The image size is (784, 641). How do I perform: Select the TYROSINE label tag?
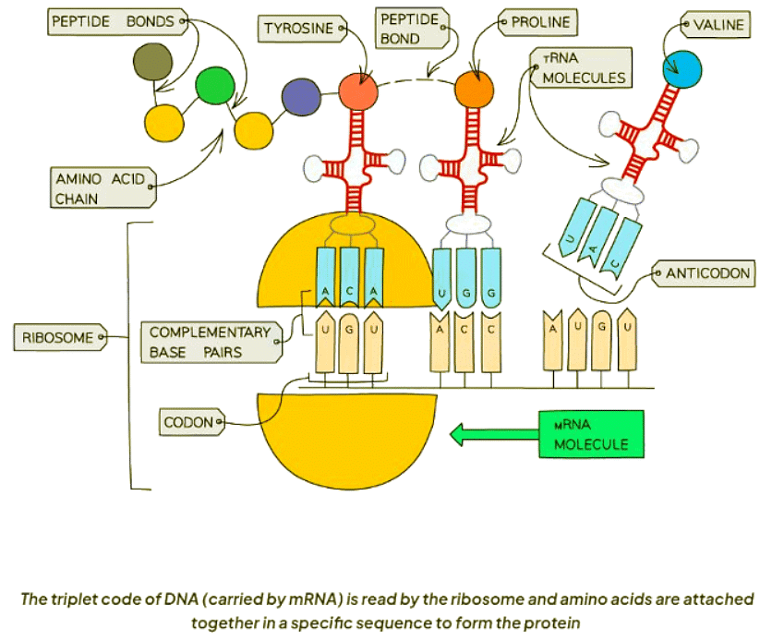298,29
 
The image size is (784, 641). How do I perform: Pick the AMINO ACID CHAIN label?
101,188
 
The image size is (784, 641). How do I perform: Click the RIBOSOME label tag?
58,338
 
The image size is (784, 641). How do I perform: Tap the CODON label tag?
190,423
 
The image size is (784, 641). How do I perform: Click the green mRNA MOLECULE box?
590,434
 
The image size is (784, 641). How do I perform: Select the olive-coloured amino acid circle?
151,62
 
